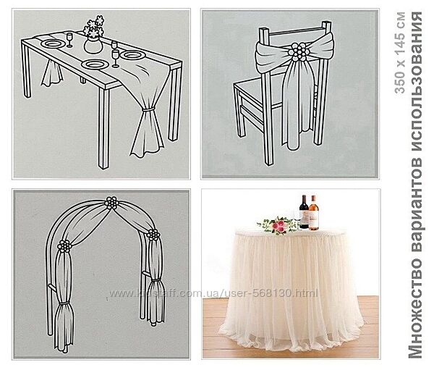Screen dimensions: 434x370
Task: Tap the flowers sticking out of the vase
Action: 94,26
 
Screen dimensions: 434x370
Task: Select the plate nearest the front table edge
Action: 95,64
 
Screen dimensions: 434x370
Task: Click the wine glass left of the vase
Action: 69,40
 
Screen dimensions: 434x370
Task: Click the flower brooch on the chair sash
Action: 297,52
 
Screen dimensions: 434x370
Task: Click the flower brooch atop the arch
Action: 111,203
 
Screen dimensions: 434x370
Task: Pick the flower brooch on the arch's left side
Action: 64,246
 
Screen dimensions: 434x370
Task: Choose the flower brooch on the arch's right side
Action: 153,235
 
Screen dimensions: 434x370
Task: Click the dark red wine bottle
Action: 304,212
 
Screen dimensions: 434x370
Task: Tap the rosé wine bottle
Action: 314,213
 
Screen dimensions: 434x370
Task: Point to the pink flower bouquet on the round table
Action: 278,225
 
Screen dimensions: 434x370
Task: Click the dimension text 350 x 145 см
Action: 400,53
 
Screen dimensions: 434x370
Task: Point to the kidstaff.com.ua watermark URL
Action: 213,293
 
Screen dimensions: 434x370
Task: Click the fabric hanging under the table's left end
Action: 52,72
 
